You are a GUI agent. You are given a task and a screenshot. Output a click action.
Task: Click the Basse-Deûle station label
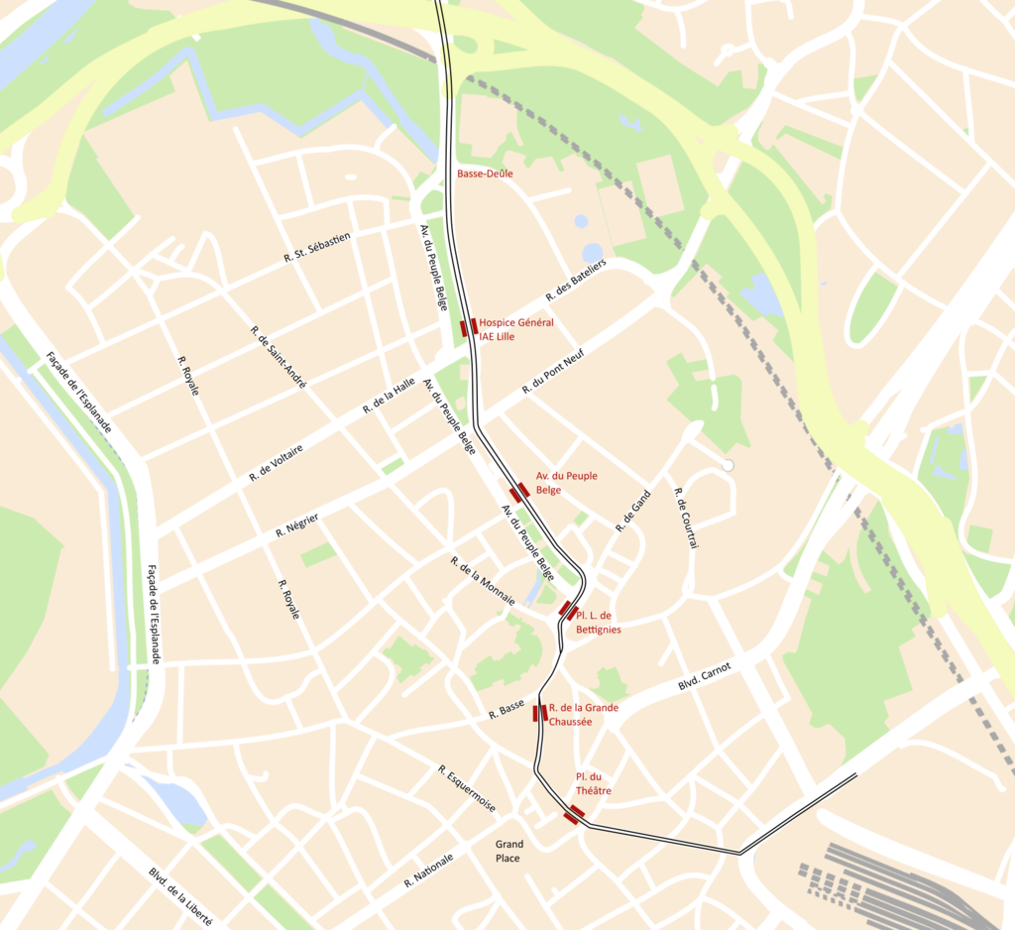tap(485, 174)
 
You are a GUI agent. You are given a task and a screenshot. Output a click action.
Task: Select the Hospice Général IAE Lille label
tap(516, 329)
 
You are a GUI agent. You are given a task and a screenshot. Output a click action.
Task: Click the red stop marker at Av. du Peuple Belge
tap(519, 491)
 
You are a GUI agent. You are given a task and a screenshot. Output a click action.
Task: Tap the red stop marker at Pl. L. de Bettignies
tap(568, 610)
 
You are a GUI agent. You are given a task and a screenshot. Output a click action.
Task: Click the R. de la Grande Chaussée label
tap(583, 715)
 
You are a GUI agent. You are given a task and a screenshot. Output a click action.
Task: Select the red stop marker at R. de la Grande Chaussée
tap(540, 713)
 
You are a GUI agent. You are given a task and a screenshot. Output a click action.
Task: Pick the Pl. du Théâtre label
tap(594, 783)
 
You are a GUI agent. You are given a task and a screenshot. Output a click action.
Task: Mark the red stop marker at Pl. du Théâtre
tap(574, 814)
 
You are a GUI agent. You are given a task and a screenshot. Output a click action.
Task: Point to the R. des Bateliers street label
tap(576, 282)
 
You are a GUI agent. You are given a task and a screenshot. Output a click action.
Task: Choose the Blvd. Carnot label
tap(704, 677)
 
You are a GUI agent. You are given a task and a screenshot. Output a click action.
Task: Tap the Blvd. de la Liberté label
tap(181, 896)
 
